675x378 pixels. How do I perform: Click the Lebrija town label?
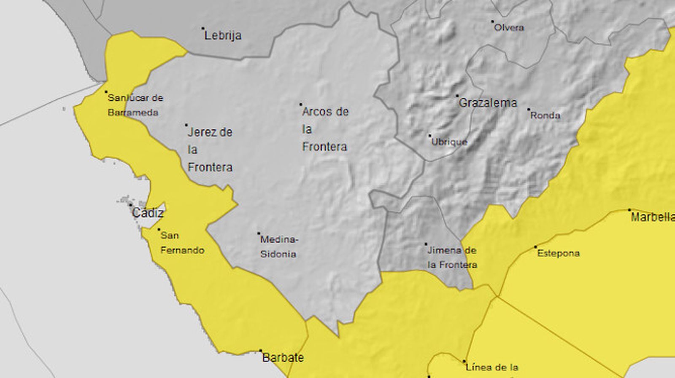tap(223, 35)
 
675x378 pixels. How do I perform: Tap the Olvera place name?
tap(509, 28)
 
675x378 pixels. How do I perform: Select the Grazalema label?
tap(487, 103)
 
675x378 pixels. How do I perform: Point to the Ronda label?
tap(545, 115)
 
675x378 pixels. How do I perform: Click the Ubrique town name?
tap(449, 142)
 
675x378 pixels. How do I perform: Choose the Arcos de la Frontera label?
tap(325, 129)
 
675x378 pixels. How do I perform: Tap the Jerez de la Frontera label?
tap(210, 150)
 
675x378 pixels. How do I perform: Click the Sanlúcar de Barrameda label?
tap(135, 105)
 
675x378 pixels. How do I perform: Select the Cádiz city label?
tap(148, 213)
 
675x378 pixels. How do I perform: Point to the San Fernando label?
tap(182, 243)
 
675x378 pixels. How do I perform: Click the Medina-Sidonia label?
tap(278, 247)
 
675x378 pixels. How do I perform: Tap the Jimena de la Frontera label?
tap(451, 257)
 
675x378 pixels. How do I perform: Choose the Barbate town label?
tap(283, 358)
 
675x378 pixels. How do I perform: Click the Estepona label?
tap(558, 253)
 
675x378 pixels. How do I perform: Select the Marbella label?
tap(652, 217)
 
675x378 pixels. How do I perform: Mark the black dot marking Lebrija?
tap(203, 28)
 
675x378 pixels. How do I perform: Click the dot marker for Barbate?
tap(260, 351)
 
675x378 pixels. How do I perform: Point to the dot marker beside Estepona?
tap(536, 247)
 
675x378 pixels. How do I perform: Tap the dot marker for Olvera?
tap(492, 21)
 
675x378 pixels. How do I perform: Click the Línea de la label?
tap(491, 367)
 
